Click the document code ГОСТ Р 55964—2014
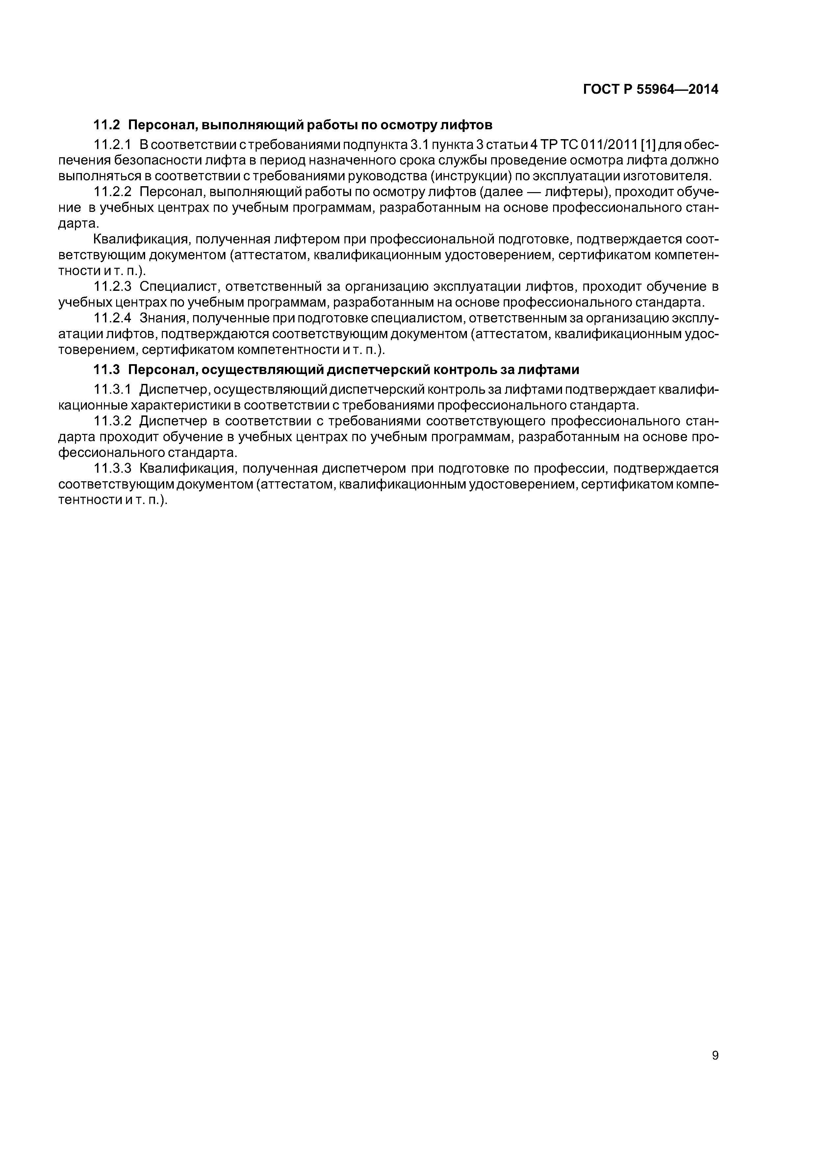650,89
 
